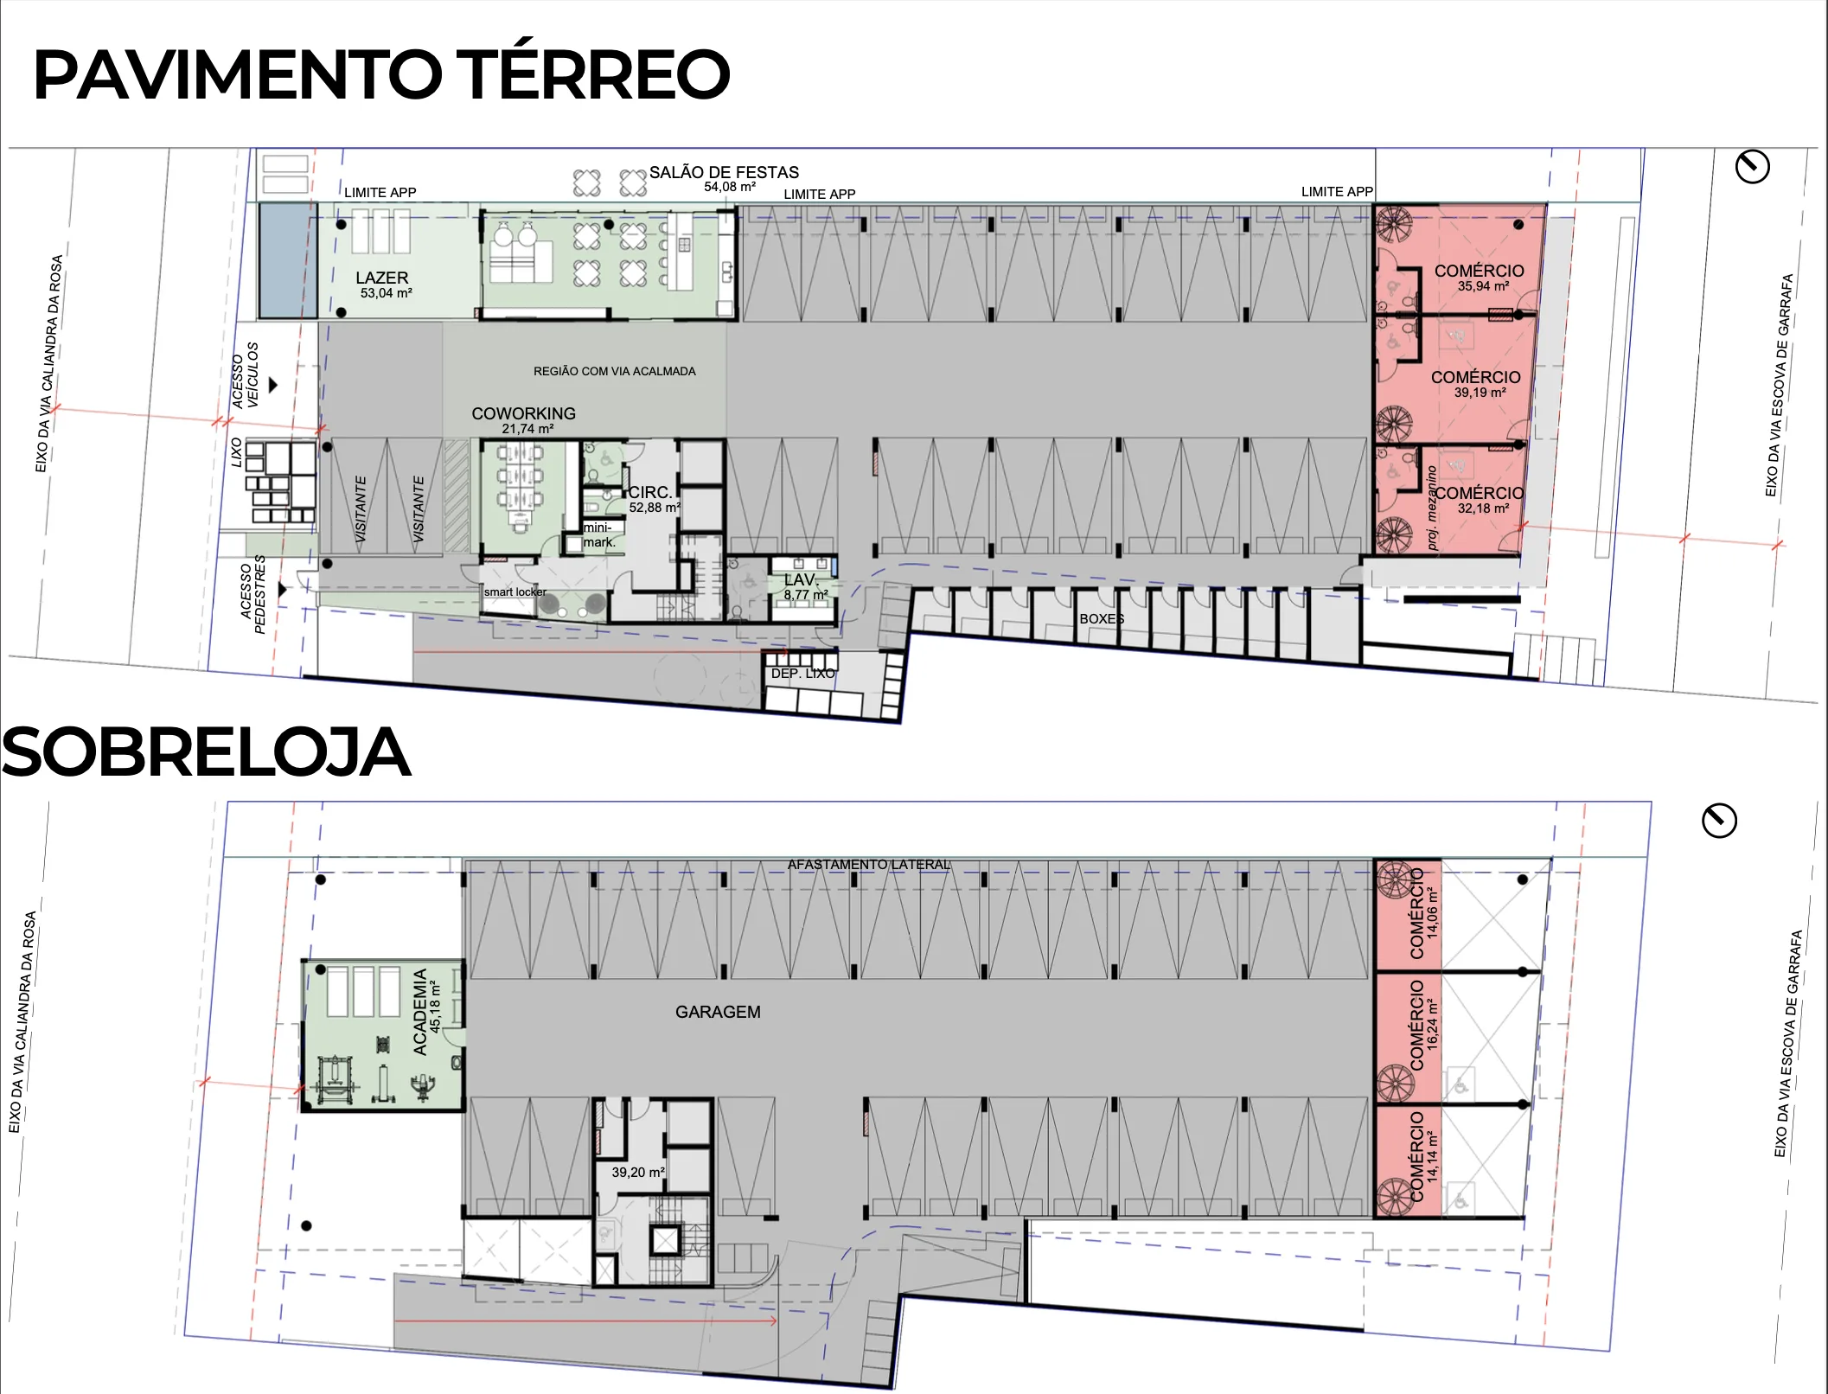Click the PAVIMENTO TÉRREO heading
(x=380, y=75)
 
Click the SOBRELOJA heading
(x=206, y=752)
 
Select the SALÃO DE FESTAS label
(x=724, y=173)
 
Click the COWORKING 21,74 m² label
(x=524, y=420)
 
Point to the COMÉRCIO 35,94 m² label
(x=1479, y=277)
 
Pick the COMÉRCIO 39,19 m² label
(x=1476, y=383)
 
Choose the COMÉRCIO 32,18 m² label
(x=1480, y=499)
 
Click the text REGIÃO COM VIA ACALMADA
(x=614, y=371)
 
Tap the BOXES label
(x=1102, y=619)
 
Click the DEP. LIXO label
(x=802, y=673)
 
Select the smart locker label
(x=515, y=592)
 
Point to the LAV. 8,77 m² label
(x=804, y=586)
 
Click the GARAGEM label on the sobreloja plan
(x=718, y=1012)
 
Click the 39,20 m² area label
(x=638, y=1173)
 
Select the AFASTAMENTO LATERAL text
(x=868, y=865)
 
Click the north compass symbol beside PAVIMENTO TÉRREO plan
(x=1753, y=166)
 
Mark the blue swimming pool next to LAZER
(x=288, y=259)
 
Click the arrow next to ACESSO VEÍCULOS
(x=273, y=385)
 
